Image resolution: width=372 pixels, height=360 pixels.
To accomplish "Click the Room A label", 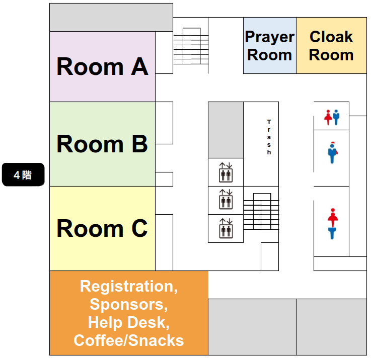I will tap(102, 67).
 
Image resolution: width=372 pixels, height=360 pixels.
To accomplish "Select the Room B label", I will tap(102, 144).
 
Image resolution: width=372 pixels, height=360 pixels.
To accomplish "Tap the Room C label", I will tap(102, 229).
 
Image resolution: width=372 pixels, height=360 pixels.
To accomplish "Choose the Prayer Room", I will tap(270, 46).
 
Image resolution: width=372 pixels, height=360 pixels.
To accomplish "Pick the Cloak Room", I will tap(331, 46).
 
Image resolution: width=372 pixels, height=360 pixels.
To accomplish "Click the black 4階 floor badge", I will tap(23, 175).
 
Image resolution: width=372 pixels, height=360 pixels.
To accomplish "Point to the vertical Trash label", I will tap(269, 137).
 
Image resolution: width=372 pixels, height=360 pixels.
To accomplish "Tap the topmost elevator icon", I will tap(226, 172).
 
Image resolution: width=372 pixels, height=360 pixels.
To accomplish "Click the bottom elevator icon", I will tap(226, 228).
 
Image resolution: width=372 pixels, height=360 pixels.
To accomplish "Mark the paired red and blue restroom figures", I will tap(332, 117).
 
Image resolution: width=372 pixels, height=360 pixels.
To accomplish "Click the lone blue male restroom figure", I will tap(332, 153).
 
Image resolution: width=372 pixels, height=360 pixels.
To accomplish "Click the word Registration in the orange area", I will tap(128, 287).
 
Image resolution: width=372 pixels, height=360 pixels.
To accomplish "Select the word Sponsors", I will tap(128, 304).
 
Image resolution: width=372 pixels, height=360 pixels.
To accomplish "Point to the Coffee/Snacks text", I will tap(128, 340).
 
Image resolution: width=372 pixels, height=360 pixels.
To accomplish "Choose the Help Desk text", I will tap(128, 322).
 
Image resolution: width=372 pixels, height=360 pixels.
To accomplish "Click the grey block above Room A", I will tap(111, 18).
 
